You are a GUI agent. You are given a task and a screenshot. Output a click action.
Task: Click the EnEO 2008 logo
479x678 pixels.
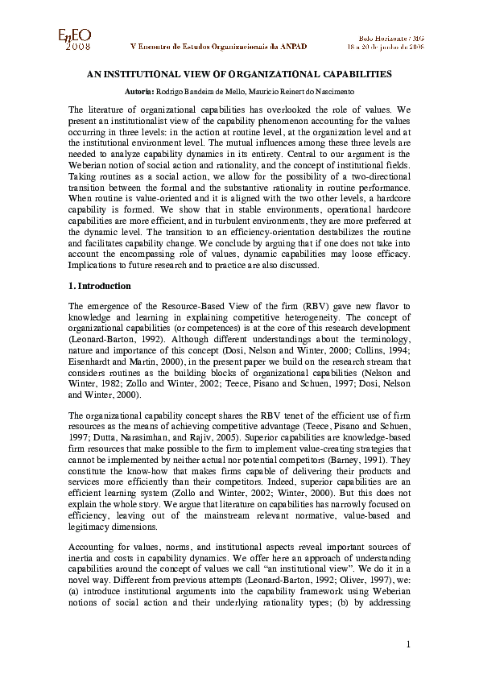[75, 38]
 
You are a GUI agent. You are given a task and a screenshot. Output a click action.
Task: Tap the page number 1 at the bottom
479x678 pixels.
[408, 643]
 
